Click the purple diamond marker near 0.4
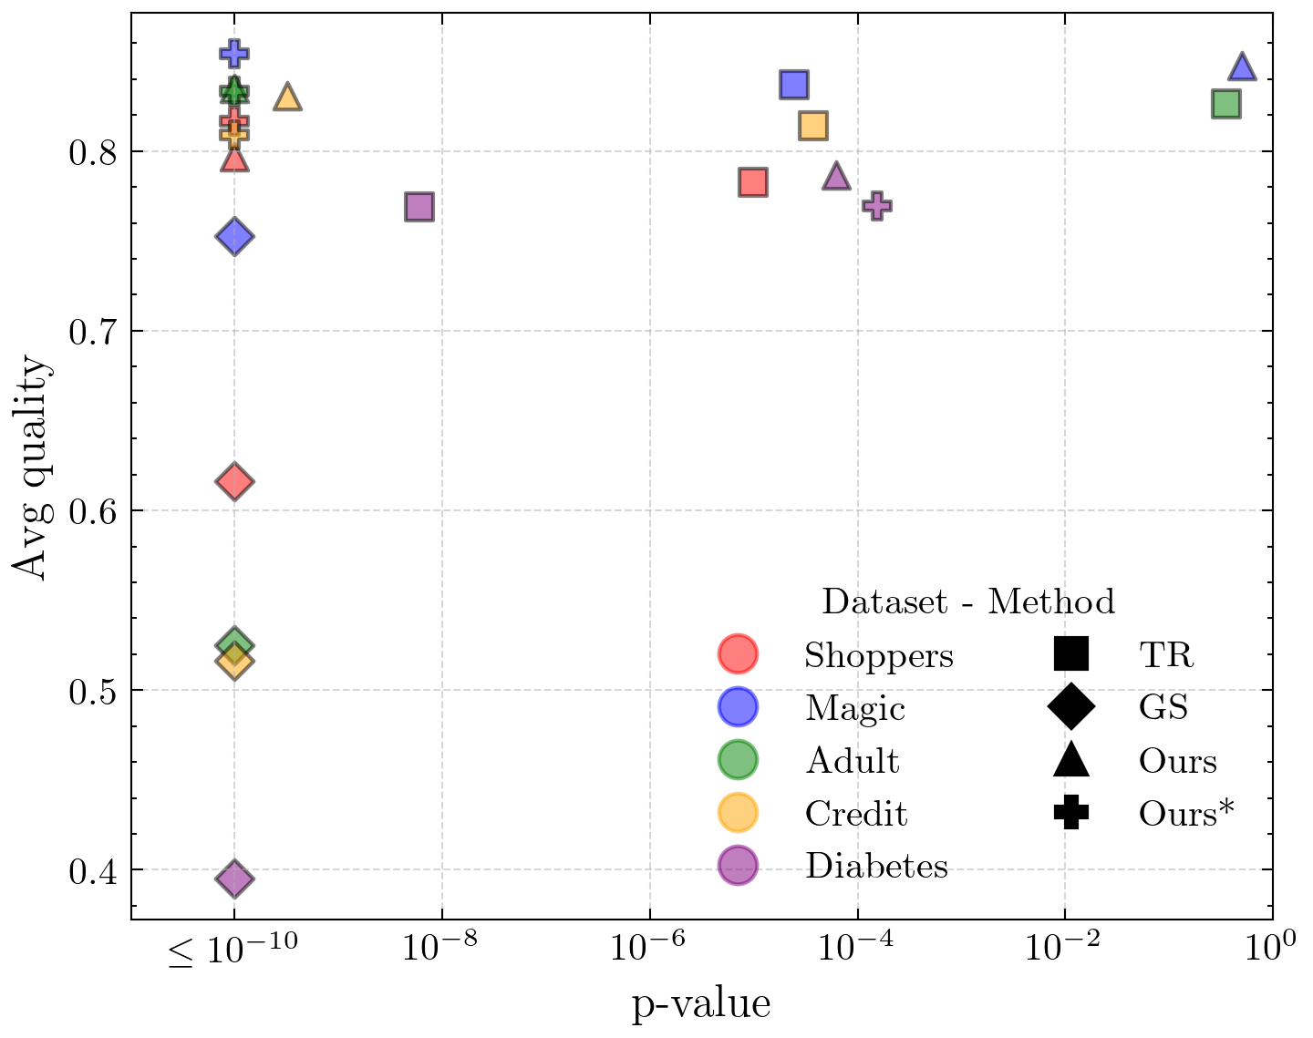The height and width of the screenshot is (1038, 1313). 234,879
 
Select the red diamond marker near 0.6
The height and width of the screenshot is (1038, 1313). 234,482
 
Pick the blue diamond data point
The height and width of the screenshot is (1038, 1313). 234,237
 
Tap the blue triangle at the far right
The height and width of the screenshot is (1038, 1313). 1242,67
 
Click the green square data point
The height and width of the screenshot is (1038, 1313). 1225,104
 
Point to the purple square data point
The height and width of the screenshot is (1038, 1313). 419,207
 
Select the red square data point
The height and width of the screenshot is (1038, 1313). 752,182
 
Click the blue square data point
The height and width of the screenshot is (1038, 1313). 794,84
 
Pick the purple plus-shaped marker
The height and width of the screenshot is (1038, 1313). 877,205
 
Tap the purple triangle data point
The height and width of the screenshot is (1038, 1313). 836,177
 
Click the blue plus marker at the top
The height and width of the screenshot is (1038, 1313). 234,54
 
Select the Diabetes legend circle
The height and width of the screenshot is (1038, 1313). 738,866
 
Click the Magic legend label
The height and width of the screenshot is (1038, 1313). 854,708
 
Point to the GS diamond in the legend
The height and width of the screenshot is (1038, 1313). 1070,707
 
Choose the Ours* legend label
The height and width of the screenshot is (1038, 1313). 1185,814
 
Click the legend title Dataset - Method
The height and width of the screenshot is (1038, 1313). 967,601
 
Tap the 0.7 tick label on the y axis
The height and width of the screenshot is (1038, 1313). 93,331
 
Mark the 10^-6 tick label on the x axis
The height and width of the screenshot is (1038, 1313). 650,948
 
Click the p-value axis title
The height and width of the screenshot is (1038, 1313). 701,1004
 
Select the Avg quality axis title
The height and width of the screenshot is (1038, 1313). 33,466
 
